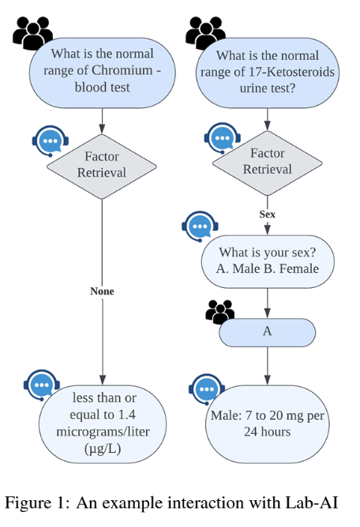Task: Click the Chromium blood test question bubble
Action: click(x=103, y=73)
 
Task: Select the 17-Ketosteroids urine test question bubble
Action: click(x=268, y=73)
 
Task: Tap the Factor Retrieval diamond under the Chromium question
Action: click(x=102, y=166)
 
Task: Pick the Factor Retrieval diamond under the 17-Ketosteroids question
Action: click(x=268, y=163)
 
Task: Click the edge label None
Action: click(x=102, y=291)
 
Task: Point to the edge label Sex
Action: click(x=268, y=214)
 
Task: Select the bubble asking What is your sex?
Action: click(x=268, y=261)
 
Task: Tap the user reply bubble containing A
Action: click(x=268, y=332)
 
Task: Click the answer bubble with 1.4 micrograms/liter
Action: click(x=103, y=424)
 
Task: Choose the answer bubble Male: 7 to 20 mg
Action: click(x=268, y=424)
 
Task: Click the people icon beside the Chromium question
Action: click(x=32, y=32)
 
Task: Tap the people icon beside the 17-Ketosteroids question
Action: click(x=205, y=32)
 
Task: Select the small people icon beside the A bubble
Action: click(x=220, y=312)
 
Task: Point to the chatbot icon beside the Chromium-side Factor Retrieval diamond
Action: click(x=51, y=141)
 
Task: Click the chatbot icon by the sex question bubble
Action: click(x=200, y=226)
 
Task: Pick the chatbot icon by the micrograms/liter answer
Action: click(x=42, y=385)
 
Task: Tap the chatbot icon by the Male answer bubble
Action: click(x=207, y=389)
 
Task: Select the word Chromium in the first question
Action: click(x=122, y=70)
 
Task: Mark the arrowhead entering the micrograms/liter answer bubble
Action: click(x=103, y=380)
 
